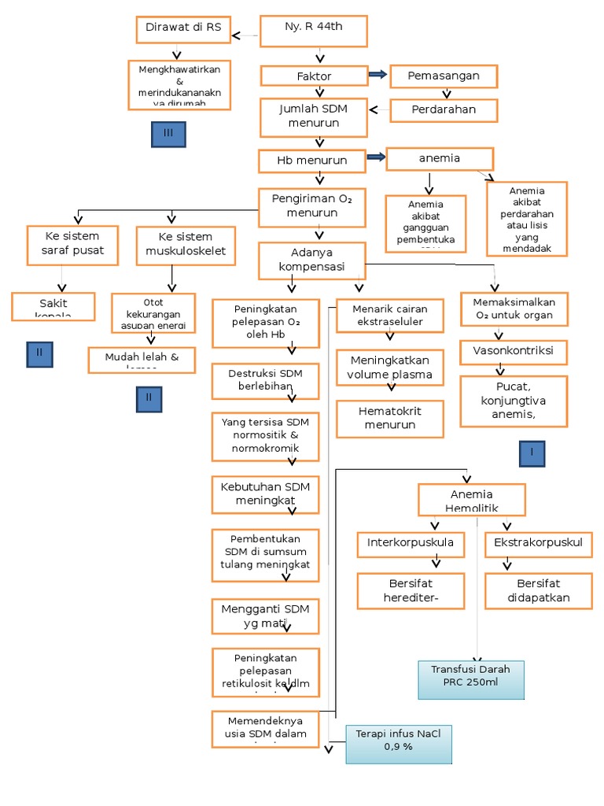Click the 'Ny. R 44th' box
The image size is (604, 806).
coord(314,31)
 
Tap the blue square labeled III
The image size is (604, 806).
coord(168,135)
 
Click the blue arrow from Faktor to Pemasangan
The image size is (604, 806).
coord(377,75)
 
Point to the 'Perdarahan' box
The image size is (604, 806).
coord(444,110)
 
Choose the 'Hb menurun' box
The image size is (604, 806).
coord(312,161)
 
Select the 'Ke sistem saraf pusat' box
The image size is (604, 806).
coord(72,245)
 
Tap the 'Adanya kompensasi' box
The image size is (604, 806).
coord(312,260)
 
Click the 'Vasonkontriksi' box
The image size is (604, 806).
coord(513,351)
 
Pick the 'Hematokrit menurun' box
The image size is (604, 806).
coord(390,419)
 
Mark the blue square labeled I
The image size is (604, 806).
coord(532,453)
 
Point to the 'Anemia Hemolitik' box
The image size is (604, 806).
coord(471,500)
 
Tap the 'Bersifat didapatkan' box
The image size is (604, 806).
coord(539,590)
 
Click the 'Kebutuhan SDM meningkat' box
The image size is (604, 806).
coord(265,494)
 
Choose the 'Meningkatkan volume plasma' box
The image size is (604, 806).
coord(390,368)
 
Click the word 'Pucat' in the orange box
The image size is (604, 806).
coord(512,387)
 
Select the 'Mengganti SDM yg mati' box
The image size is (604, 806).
coord(265,616)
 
